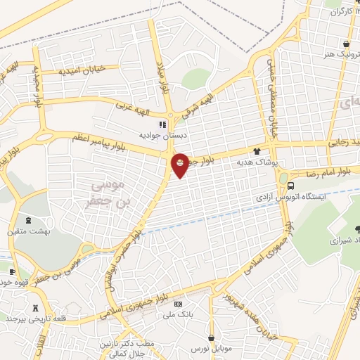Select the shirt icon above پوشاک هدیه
click(257, 151)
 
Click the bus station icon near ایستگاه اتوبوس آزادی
click(290, 186)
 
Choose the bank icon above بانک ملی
click(178, 304)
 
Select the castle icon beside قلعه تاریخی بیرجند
click(35, 308)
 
